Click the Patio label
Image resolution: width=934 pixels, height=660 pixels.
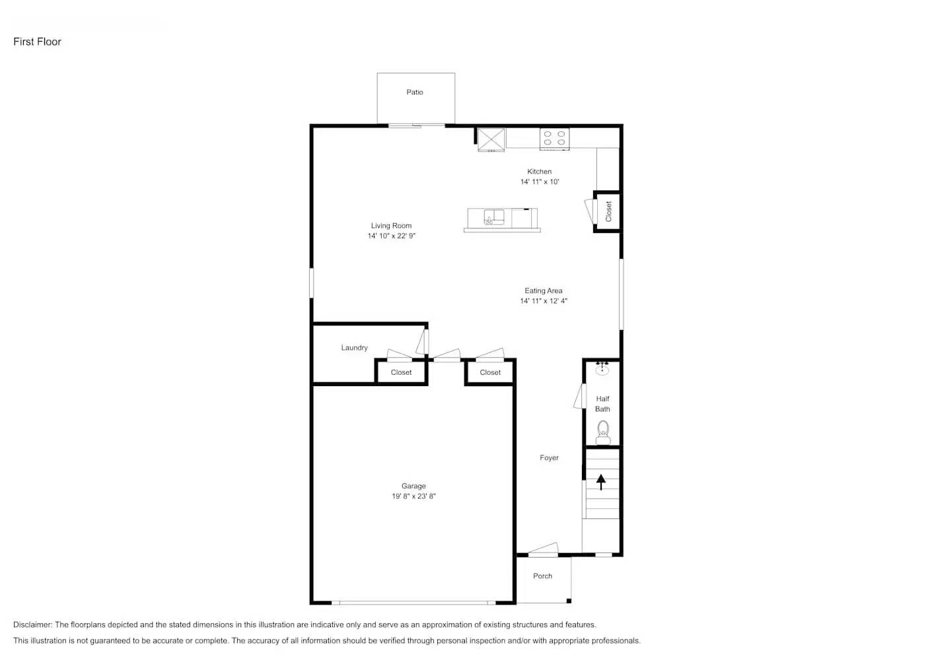tap(415, 92)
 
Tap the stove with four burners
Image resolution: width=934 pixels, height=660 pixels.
tap(554, 138)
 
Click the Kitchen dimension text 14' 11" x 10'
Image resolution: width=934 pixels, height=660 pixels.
tap(540, 182)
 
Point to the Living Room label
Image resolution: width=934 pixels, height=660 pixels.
tap(391, 226)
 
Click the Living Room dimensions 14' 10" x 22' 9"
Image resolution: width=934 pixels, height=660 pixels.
tap(392, 236)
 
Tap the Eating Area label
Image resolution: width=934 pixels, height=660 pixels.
tap(544, 291)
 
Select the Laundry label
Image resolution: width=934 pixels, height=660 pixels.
tap(355, 348)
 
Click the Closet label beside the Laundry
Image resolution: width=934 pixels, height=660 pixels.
tap(401, 373)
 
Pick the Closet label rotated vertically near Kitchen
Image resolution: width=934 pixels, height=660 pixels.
tap(608, 211)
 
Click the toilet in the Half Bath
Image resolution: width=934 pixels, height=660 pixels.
tap(603, 434)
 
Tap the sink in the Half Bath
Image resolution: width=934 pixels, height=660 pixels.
tap(602, 369)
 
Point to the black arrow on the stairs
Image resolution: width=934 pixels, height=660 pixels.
tap(601, 482)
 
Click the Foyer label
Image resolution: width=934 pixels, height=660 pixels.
tap(549, 458)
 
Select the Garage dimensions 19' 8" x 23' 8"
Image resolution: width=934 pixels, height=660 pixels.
tap(414, 496)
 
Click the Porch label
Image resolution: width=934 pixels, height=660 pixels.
tap(543, 576)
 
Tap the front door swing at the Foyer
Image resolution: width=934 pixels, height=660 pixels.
tap(544, 549)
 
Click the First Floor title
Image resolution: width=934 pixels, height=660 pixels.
tap(38, 42)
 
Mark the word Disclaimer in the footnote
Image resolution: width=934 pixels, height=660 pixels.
tap(32, 625)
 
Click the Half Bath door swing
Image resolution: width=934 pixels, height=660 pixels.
tap(580, 397)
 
